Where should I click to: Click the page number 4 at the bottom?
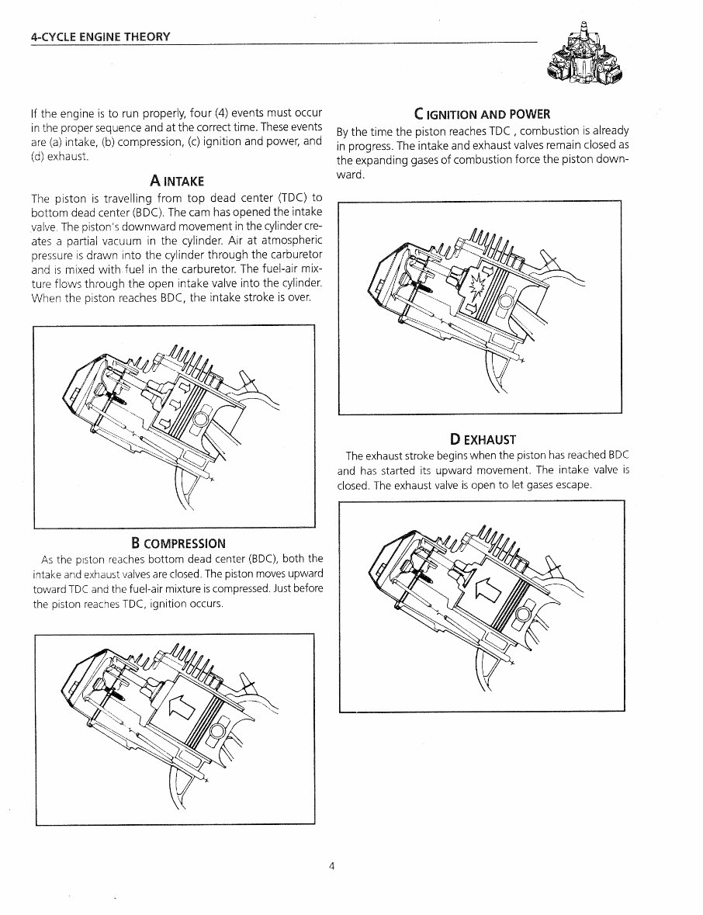[331, 867]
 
